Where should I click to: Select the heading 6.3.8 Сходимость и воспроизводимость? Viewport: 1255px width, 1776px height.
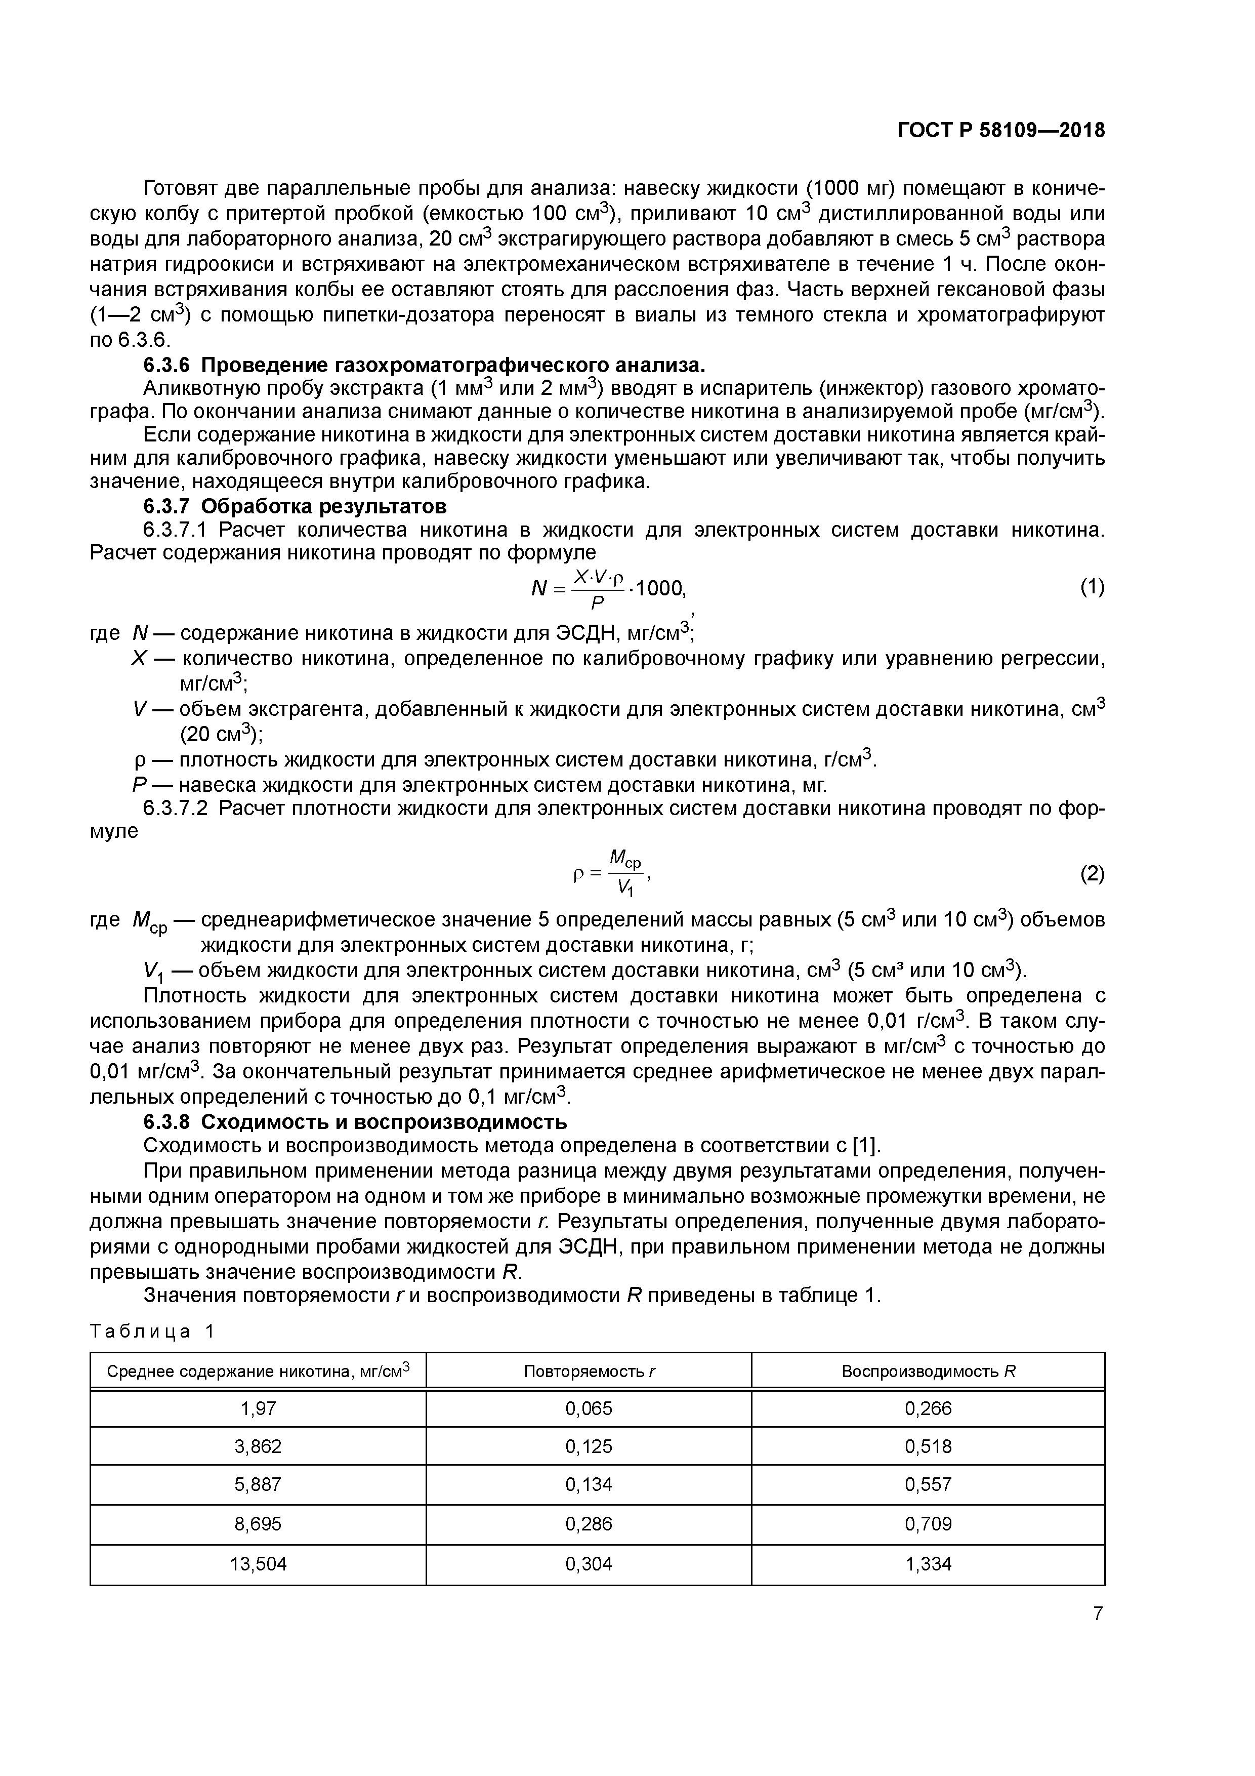[356, 1121]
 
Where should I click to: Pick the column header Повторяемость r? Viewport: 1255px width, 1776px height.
[589, 1371]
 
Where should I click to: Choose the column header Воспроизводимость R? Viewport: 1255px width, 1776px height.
[928, 1371]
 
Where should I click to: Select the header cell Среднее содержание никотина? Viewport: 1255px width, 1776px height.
[258, 1371]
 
